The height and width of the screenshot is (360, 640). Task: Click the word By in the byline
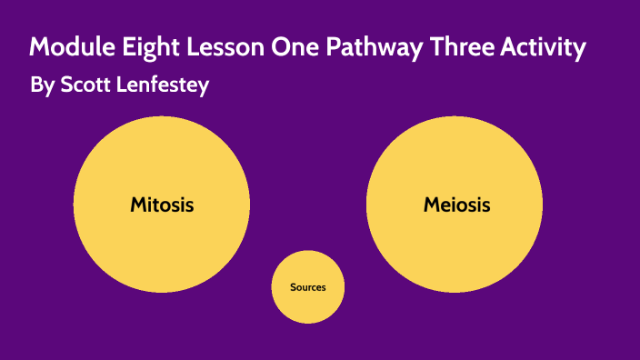[42, 86]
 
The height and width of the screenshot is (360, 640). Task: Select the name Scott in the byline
[84, 85]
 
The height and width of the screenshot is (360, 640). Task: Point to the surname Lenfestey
[165, 85]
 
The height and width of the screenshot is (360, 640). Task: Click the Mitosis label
[162, 205]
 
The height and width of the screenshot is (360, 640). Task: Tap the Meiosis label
[456, 205]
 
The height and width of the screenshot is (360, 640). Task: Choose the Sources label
[307, 287]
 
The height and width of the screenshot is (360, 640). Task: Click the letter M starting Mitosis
[139, 205]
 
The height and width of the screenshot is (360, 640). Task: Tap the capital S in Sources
[293, 287]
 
